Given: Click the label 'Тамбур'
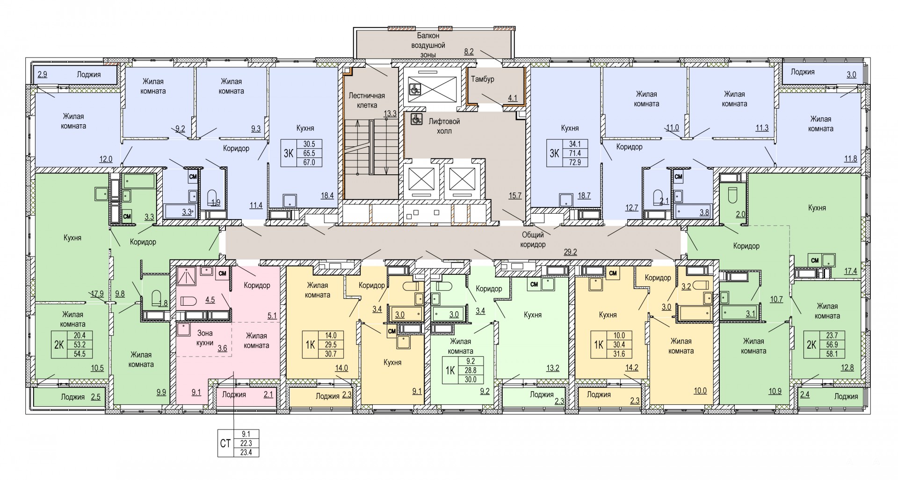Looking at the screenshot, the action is point(483,79).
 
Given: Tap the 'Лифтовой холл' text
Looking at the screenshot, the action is point(444,126).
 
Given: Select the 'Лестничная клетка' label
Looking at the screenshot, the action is point(367,100).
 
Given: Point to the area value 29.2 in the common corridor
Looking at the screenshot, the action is point(571,251).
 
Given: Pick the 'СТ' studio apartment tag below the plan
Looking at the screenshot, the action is point(225,443).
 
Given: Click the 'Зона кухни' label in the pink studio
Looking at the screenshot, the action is point(205,338).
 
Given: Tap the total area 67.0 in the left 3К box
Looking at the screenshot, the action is point(309,163).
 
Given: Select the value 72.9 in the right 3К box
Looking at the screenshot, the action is point(580,163).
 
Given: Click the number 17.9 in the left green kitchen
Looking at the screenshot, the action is point(97,294).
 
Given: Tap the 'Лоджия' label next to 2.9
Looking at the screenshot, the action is point(89,74).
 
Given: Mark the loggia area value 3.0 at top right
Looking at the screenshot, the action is point(851,74).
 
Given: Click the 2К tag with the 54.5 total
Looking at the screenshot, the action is point(59,345).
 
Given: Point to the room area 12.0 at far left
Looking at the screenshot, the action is point(106,159).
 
